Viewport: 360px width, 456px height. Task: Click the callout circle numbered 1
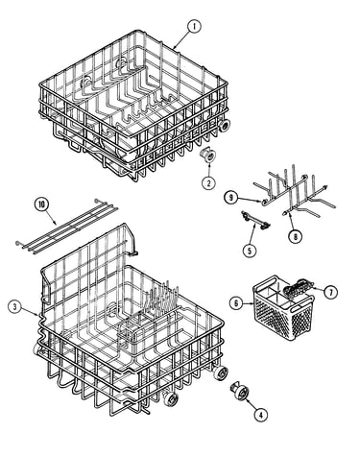[194, 27]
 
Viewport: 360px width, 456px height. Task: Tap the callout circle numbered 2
[208, 183]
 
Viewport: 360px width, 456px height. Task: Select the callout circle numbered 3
[14, 307]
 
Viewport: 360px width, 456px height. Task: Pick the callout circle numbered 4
[261, 415]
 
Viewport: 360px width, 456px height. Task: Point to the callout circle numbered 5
[250, 251]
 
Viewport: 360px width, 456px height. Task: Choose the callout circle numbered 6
[236, 302]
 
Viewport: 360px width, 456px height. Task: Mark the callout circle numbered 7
[330, 292]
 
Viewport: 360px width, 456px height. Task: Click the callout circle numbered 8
[295, 237]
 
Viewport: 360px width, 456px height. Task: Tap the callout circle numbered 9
[230, 198]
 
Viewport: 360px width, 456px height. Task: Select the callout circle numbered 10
[42, 205]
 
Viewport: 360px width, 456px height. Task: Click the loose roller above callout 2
[208, 156]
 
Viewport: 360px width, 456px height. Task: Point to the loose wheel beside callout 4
[240, 392]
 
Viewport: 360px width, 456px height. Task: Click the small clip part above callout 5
[255, 221]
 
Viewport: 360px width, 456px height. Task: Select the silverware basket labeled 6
[283, 308]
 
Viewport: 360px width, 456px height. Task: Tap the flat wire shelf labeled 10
[67, 226]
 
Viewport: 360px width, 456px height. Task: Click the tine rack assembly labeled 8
[295, 194]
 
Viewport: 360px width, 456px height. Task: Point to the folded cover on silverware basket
[299, 286]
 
